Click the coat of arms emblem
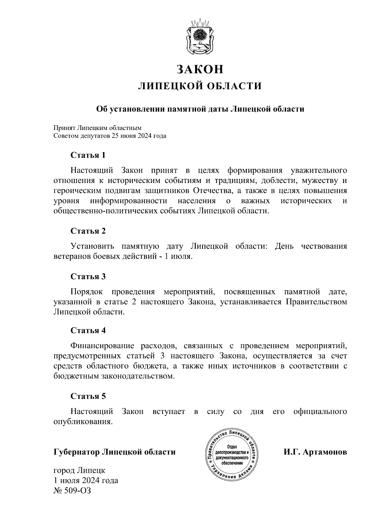[200, 36]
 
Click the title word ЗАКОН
[200, 69]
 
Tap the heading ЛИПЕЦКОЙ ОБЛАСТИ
[200, 86]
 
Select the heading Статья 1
[88, 155]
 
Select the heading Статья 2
[88, 231]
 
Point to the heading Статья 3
[88, 277]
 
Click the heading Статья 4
[88, 330]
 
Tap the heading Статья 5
[88, 396]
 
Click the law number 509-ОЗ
[77, 491]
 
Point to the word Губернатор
[77, 452]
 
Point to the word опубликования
[83, 422]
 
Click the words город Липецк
[79, 470]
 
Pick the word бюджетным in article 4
[76, 376]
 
